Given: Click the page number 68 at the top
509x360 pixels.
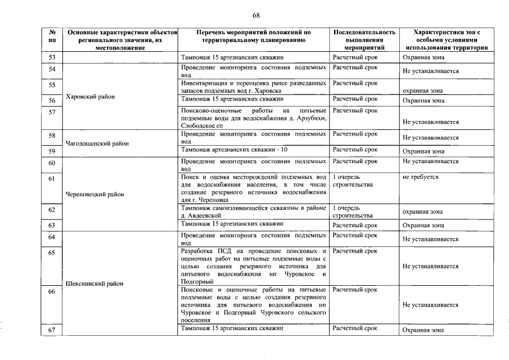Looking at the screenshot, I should click(256, 15).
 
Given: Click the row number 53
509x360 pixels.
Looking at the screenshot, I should click(52, 58).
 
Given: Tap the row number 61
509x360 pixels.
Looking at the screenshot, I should click(52, 179).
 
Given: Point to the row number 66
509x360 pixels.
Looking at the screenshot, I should click(52, 292).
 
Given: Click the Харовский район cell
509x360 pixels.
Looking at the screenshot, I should click(91, 97).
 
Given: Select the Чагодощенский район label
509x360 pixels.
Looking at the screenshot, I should click(97, 143).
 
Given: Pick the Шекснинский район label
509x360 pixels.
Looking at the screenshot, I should click(94, 283).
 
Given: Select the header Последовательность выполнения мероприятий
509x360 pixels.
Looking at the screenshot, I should click(364, 40).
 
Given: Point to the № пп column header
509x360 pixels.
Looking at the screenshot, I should click(52, 37).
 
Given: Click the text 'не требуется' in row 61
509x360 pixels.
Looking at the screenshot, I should click(420, 177).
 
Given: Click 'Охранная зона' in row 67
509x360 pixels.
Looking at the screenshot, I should click(423, 330).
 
